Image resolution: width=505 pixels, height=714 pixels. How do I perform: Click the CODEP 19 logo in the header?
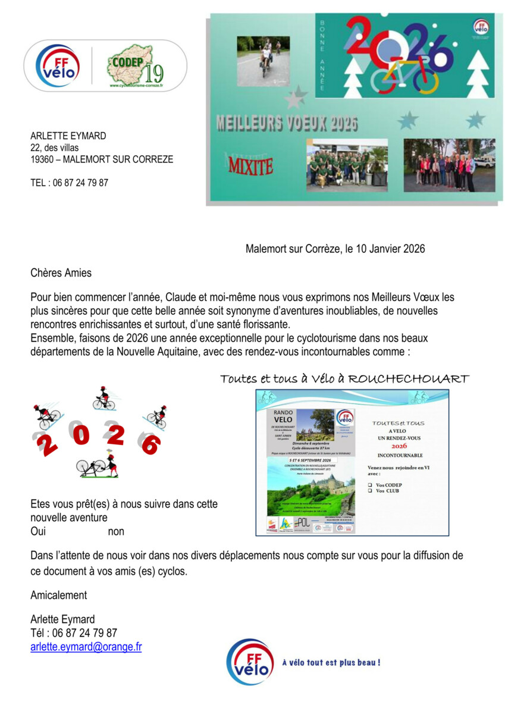[136, 65]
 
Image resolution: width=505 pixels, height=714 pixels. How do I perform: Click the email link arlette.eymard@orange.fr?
[86, 647]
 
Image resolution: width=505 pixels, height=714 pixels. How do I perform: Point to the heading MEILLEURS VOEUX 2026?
[287, 124]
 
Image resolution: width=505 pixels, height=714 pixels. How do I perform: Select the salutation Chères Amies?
[61, 273]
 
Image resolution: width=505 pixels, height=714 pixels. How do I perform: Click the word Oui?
[38, 531]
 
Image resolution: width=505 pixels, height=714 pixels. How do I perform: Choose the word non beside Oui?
[116, 531]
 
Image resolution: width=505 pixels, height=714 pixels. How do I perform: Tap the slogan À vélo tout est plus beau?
[331, 662]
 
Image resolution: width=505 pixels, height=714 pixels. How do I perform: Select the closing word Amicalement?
[58, 595]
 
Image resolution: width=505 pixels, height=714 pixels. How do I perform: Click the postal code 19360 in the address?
[43, 159]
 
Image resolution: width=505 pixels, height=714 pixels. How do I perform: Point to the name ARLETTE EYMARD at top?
[68, 136]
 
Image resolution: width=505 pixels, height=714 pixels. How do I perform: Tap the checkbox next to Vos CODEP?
[370, 485]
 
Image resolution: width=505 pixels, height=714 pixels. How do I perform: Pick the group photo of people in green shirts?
[347, 165]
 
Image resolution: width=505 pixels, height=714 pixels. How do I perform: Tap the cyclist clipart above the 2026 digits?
[103, 399]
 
